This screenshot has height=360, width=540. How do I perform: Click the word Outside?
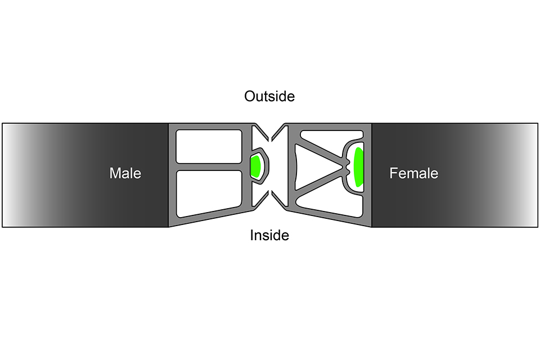269,96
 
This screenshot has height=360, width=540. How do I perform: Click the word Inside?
269,235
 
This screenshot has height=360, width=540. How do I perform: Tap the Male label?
125,173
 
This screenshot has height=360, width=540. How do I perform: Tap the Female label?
413,173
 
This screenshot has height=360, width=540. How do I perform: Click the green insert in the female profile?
358,167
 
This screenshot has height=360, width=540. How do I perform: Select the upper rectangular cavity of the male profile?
208,146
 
